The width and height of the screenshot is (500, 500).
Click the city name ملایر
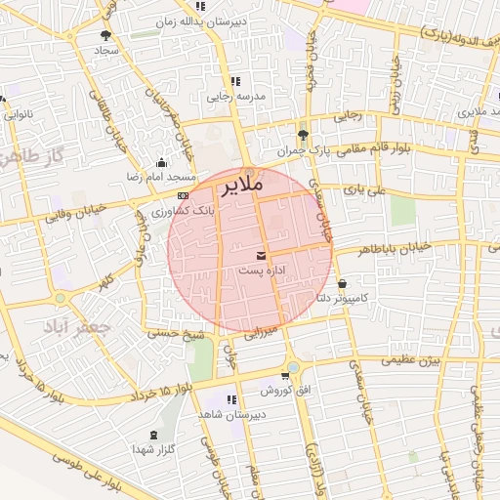240,184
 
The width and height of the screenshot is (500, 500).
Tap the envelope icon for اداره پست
260,255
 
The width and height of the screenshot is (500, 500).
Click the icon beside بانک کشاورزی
183,195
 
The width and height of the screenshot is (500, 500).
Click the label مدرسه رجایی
231,97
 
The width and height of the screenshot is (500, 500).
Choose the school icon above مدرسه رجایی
234,82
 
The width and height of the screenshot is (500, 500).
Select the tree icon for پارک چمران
303,136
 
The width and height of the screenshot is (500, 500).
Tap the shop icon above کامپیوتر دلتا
342,284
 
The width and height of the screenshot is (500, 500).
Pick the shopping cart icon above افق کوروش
285,374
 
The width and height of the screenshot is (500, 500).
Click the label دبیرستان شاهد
231,415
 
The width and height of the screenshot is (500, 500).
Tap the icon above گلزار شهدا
152,435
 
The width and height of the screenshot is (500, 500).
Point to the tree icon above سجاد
104,35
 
